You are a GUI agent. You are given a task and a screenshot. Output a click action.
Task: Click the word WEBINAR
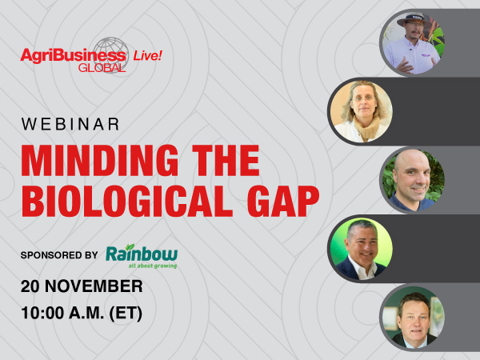point(70,124)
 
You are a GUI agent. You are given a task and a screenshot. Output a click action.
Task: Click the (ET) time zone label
point(124,312)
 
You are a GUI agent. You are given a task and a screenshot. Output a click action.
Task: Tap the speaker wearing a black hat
point(413,43)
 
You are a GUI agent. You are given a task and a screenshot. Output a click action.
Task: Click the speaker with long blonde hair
point(361,111)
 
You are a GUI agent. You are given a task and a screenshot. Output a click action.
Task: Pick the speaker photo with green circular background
point(361,247)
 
